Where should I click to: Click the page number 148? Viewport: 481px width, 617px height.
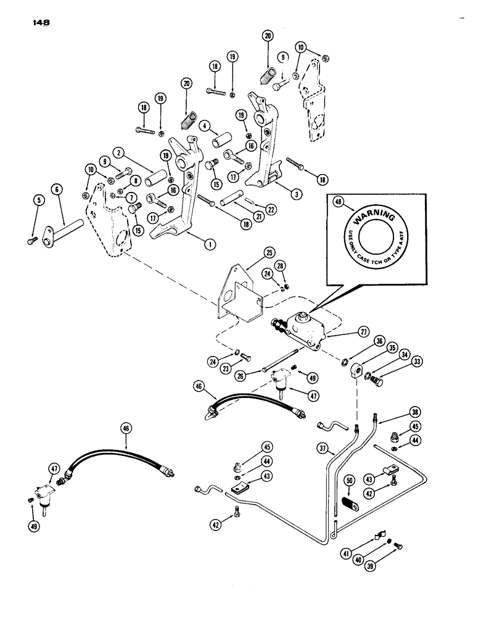click(38, 23)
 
